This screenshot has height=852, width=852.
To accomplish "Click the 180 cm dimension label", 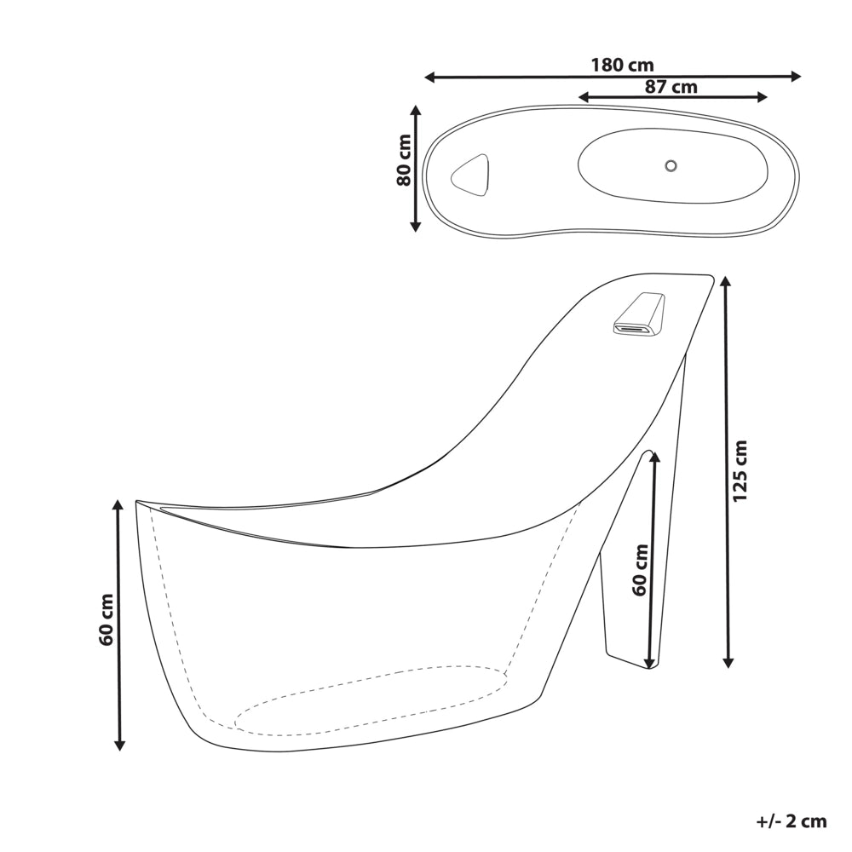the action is click(x=622, y=66).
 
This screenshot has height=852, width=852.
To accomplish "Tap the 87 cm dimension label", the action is click(x=671, y=86).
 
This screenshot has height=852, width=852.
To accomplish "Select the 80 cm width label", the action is click(x=404, y=160).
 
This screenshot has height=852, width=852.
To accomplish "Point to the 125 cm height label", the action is click(x=740, y=471).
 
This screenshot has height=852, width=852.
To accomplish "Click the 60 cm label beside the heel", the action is click(x=641, y=570).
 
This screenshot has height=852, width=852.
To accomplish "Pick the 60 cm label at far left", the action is click(x=106, y=620).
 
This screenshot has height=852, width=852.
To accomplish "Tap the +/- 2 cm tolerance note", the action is click(x=792, y=820).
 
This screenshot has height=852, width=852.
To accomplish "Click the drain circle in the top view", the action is click(x=671, y=165).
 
